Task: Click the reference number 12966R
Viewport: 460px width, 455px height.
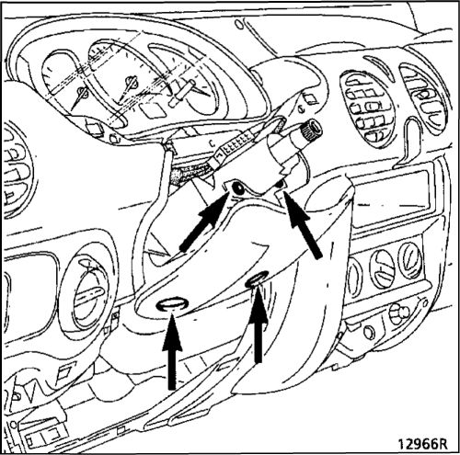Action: coord(422,443)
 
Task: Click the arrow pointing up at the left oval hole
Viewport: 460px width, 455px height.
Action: coord(172,351)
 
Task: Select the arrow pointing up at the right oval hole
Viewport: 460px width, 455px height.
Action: coord(259,324)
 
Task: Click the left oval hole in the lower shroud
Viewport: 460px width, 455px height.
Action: coord(172,304)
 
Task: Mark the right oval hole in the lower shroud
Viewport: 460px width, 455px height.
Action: coord(257,279)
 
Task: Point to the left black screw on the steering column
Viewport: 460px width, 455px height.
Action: coord(238,188)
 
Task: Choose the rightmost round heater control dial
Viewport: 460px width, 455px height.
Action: coord(410,260)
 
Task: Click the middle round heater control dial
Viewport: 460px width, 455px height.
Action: coord(383,268)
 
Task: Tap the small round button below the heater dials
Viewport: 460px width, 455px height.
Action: coord(369,332)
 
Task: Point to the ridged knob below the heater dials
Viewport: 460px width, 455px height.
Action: coord(398,313)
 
